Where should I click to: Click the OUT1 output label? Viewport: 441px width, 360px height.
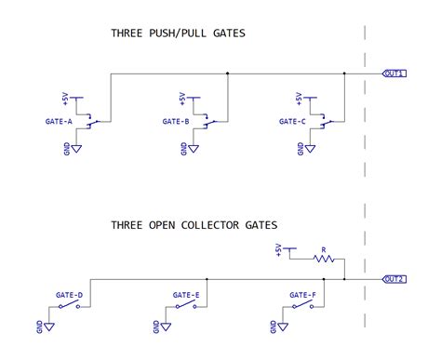[x=394, y=73]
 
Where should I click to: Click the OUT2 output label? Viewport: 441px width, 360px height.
[x=394, y=279]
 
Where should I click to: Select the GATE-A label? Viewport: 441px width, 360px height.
[x=59, y=120]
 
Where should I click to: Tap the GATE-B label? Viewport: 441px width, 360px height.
[x=175, y=120]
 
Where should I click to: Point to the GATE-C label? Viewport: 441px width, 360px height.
[x=292, y=120]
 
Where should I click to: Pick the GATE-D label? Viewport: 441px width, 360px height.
[x=70, y=295]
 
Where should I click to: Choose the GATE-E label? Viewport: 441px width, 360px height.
[x=186, y=295]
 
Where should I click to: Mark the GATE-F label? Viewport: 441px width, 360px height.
[x=302, y=295]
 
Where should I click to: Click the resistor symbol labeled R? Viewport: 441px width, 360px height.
[x=323, y=260]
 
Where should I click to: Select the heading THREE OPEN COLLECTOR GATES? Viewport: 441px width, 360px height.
[x=194, y=224]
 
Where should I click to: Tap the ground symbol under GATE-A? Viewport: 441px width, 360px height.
[x=77, y=147]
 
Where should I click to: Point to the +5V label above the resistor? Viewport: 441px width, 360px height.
[x=278, y=248]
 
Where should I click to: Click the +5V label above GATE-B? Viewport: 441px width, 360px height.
[x=182, y=98]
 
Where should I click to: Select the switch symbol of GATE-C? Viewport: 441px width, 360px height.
[x=326, y=121]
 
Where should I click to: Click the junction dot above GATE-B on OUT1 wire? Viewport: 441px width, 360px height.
[x=228, y=73]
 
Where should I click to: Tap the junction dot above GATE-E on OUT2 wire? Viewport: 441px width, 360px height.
[x=206, y=279]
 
